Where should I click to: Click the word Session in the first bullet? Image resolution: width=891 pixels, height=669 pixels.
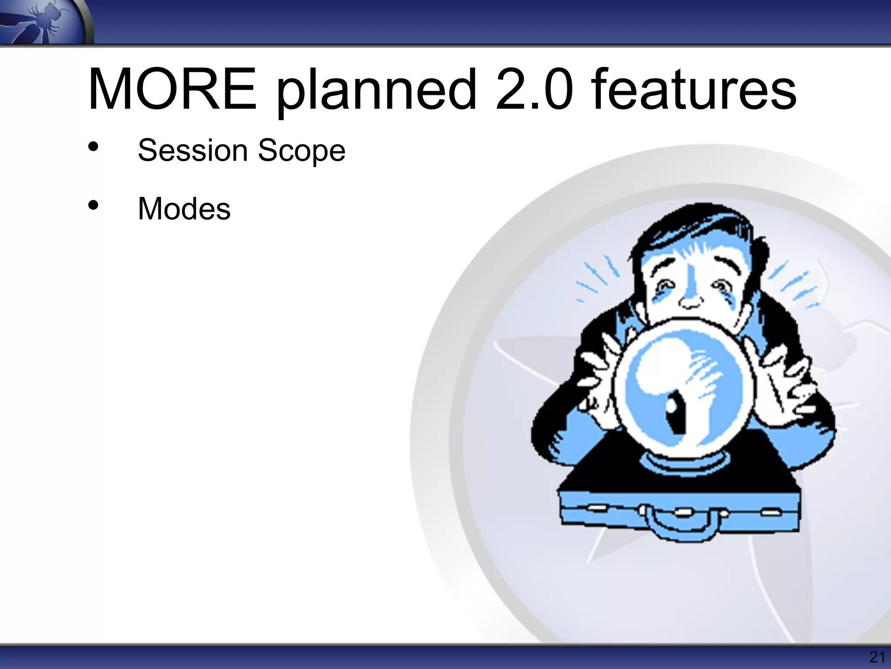(x=193, y=150)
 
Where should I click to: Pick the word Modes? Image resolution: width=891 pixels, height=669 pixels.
(x=184, y=209)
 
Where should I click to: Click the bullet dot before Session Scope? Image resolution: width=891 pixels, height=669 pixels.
(x=93, y=147)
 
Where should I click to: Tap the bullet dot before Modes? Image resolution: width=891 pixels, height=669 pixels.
(x=93, y=205)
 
